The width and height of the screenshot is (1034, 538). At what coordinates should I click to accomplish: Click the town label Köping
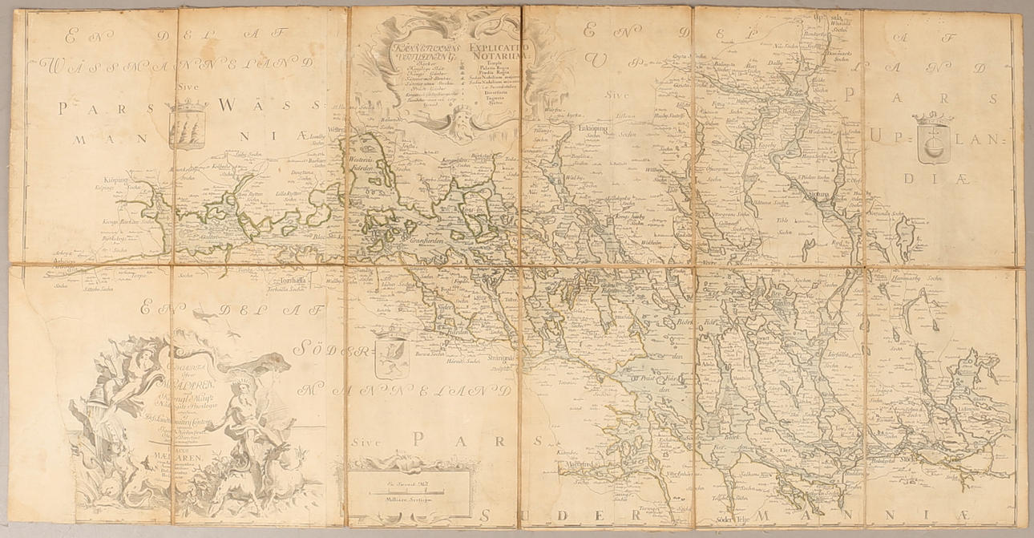pyautogui.click(x=116, y=181)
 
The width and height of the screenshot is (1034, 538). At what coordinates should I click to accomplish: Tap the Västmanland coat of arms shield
pyautogui.click(x=188, y=127)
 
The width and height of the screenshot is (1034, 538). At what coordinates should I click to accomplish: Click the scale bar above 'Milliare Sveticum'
pyautogui.click(x=409, y=486)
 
